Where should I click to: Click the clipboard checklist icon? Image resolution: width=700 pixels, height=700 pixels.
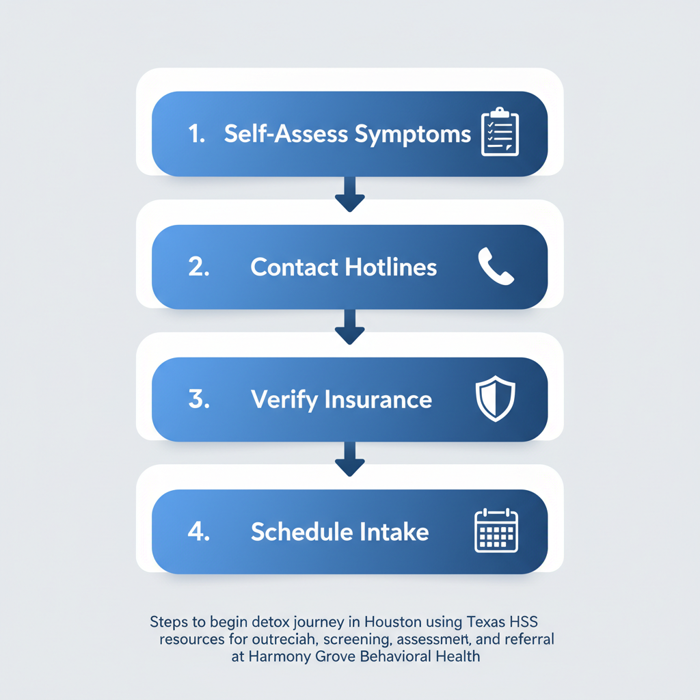[500, 132]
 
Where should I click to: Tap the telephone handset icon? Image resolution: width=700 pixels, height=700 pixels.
[496, 266]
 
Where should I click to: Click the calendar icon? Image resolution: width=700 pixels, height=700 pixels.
[496, 530]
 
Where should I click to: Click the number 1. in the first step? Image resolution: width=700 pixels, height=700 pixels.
[197, 134]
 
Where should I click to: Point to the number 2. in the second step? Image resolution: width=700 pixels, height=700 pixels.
[198, 267]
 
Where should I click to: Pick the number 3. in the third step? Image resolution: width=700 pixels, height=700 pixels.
[198, 399]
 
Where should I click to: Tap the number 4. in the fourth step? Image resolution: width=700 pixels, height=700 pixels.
[198, 532]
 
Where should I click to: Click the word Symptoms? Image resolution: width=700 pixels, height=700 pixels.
[413, 135]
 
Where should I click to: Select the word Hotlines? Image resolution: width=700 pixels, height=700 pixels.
[390, 267]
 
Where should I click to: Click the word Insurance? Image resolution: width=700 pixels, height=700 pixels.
[378, 399]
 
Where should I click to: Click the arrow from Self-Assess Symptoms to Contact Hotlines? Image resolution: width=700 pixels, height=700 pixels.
[350, 194]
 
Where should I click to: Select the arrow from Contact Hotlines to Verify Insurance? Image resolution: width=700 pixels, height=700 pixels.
[350, 327]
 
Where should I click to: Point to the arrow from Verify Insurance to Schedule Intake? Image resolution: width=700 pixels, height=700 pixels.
[350, 459]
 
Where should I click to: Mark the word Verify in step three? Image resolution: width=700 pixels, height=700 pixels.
[277, 399]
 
